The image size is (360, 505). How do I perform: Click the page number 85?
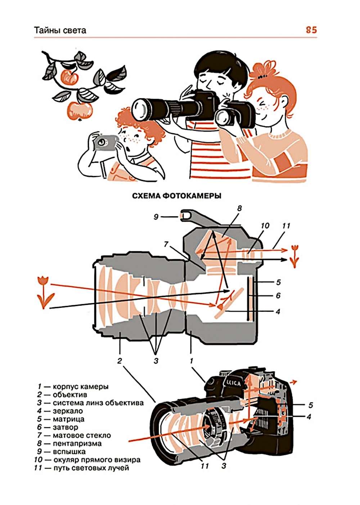pyautogui.click(x=311, y=30)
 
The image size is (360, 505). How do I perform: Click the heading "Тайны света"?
pyautogui.click(x=60, y=30)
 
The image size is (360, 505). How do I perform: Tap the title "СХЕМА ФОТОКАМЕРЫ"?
pyautogui.click(x=176, y=196)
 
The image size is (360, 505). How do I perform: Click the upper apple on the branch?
pyautogui.click(x=69, y=77)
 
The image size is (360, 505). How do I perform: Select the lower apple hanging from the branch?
pyautogui.click(x=77, y=110)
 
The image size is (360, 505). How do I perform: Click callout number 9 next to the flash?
pyautogui.click(x=156, y=217)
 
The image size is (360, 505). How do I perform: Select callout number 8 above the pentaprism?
pyautogui.click(x=239, y=208)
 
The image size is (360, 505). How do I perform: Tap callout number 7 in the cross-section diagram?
pyautogui.click(x=166, y=244)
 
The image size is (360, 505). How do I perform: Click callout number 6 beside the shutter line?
pyautogui.click(x=278, y=296)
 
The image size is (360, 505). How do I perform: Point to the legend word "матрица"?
pyautogui.click(x=68, y=419)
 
